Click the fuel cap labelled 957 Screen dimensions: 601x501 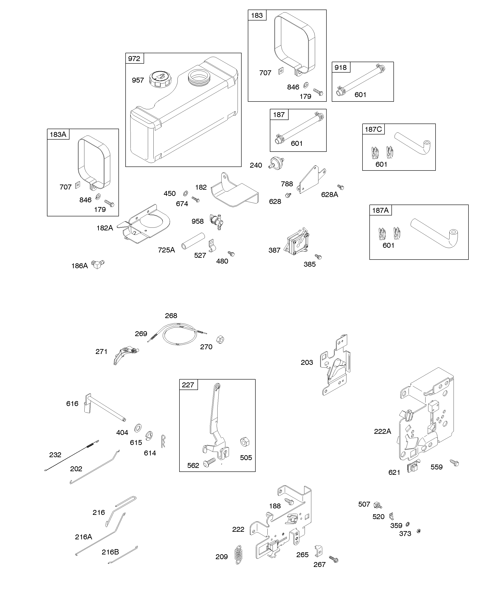click(160, 79)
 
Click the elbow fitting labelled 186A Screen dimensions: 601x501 click(98, 264)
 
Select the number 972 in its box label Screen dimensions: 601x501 click(134, 59)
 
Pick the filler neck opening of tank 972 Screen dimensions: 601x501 click(198, 76)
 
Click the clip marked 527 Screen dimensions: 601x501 click(212, 246)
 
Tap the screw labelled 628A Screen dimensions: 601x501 click(340, 187)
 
